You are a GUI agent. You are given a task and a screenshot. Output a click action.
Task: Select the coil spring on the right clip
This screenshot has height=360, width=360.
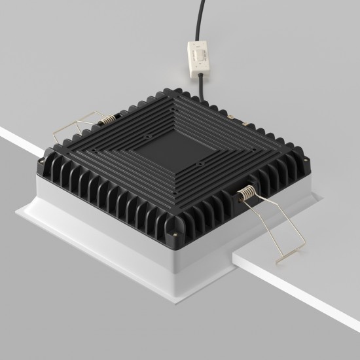tap(247, 193)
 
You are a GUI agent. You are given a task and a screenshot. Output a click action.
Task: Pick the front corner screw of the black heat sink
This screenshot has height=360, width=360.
tap(175, 230)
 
